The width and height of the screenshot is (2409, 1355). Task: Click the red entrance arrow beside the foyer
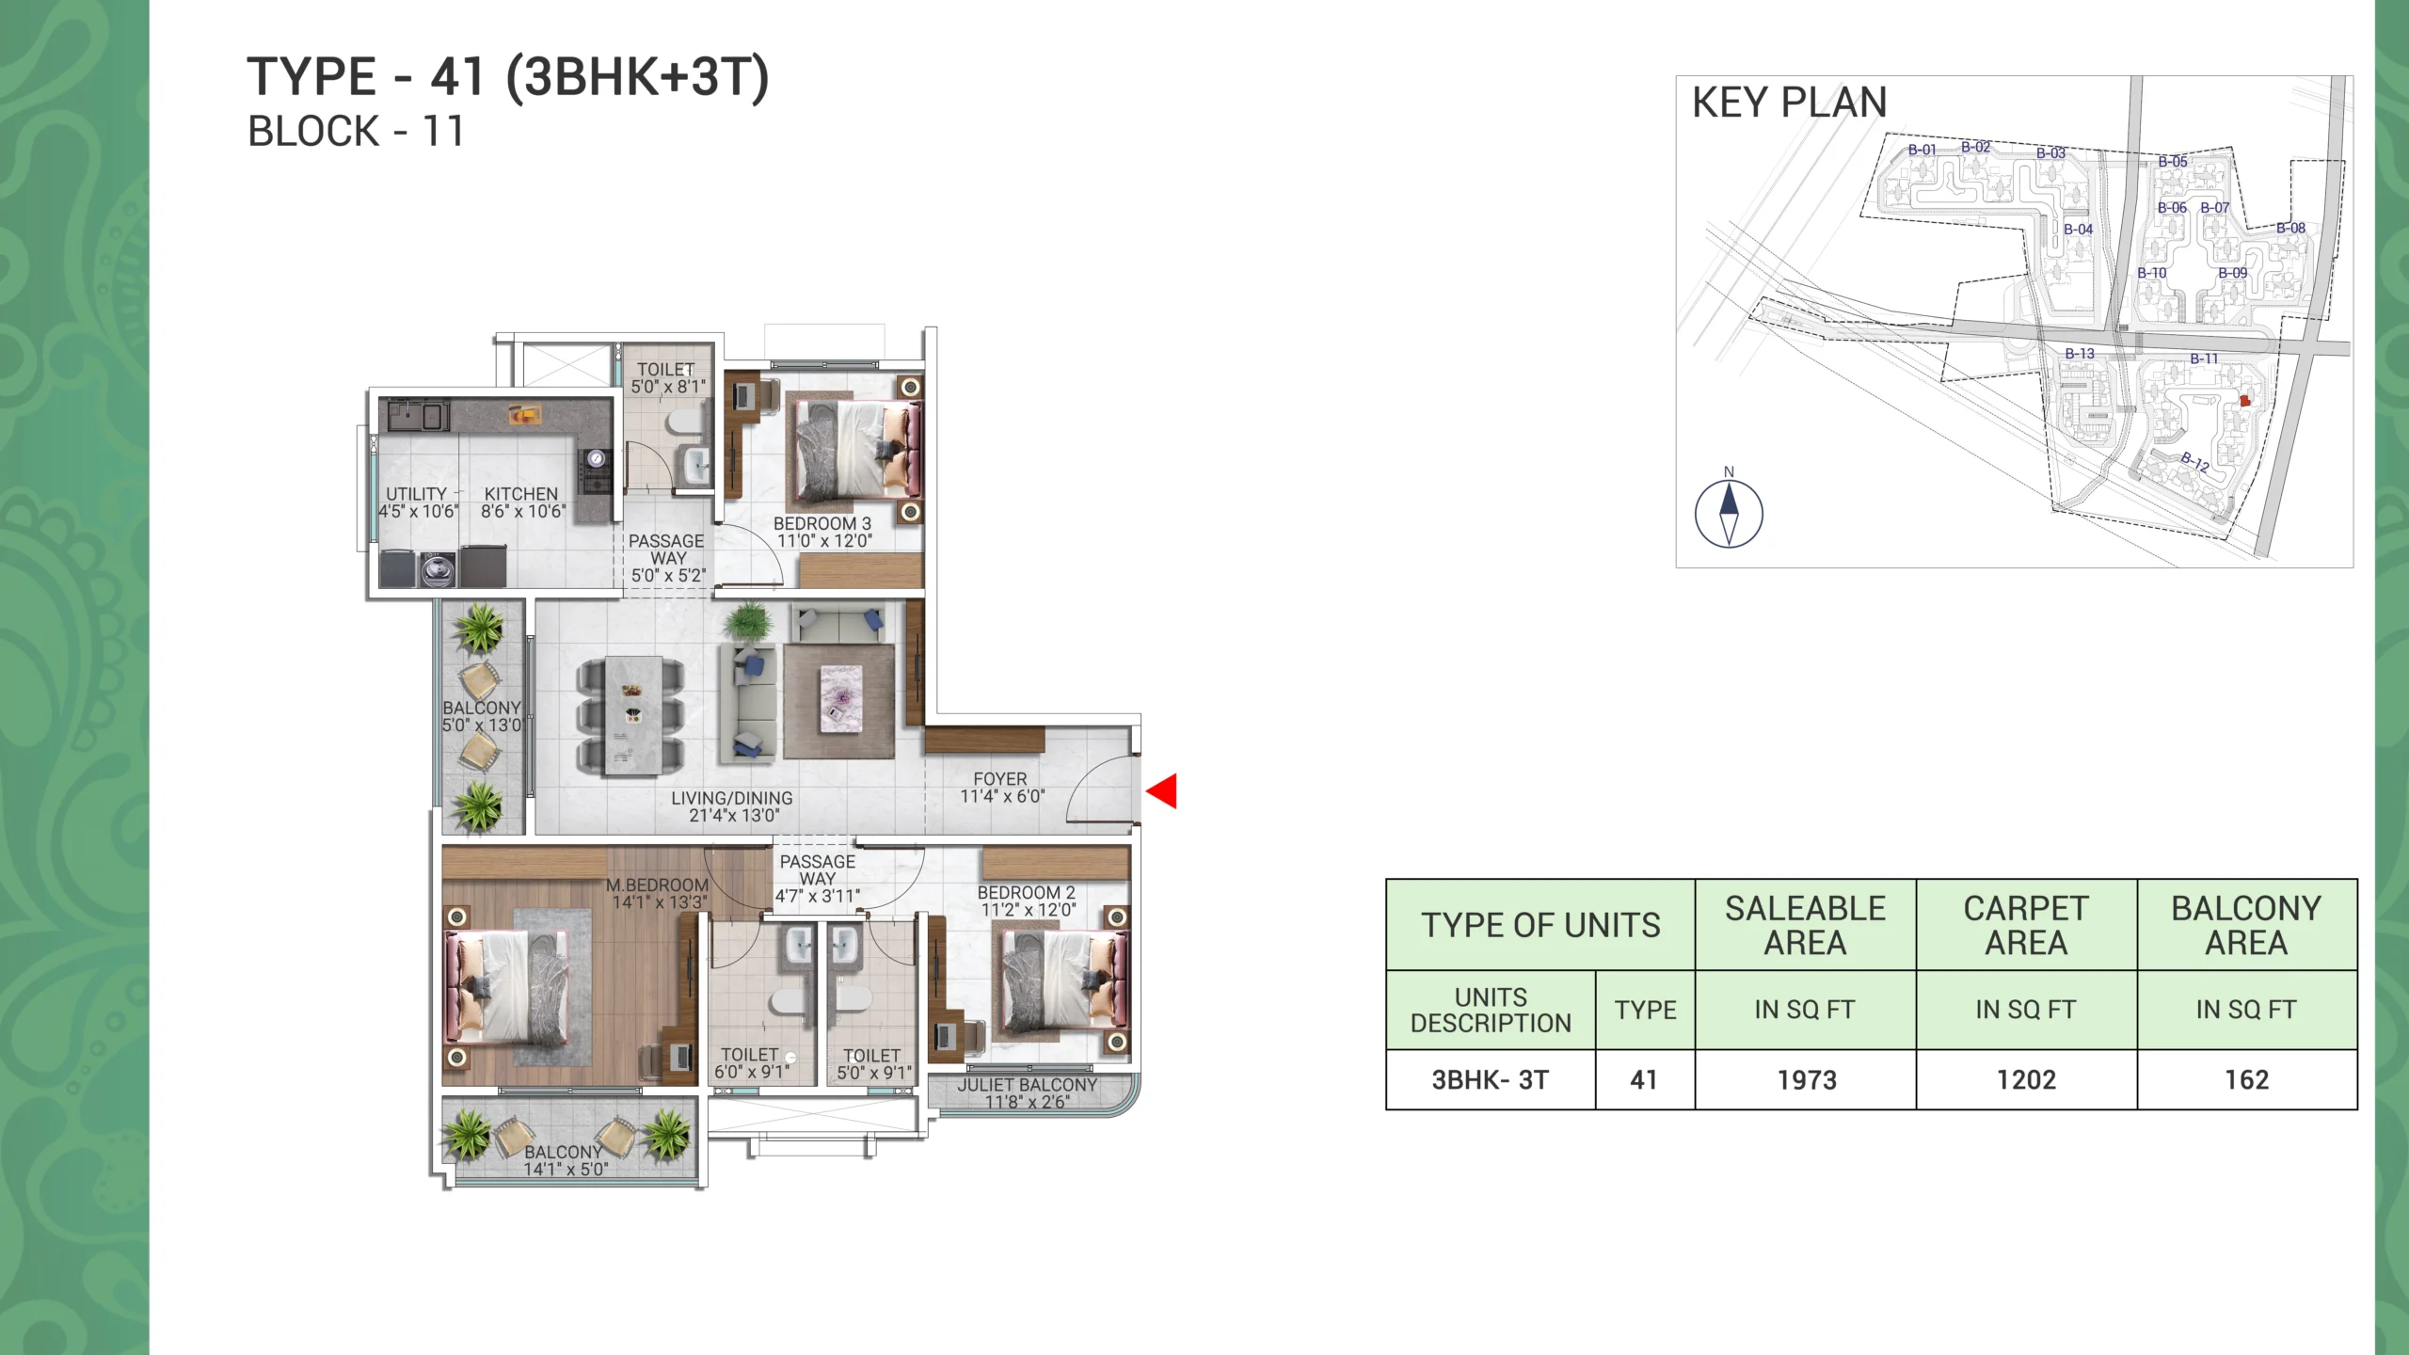pos(1164,791)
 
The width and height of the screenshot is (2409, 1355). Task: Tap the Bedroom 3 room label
pos(822,523)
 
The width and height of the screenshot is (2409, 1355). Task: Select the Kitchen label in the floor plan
pos(521,494)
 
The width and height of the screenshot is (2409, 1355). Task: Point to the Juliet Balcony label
pos(1028,1085)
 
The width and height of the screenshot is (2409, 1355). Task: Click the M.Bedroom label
pos(657,885)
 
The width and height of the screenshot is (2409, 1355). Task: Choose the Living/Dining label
pos(732,798)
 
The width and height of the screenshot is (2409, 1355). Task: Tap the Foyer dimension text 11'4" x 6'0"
pos(1002,797)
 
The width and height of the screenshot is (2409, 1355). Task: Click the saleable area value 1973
pos(1807,1080)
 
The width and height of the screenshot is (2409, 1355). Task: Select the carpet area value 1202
pos(2027,1080)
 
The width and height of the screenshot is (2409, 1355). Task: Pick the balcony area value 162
pos(2247,1080)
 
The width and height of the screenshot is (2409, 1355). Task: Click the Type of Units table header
pos(1540,925)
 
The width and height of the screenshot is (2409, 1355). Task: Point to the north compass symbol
pos(1729,513)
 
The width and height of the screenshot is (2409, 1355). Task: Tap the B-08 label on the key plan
pos(2291,228)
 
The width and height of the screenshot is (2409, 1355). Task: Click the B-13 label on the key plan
pos(2080,354)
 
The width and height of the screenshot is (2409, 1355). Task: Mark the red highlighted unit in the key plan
pos(2245,401)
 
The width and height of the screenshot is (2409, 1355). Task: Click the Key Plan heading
pos(1790,103)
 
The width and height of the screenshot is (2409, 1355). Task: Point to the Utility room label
pos(416,494)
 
